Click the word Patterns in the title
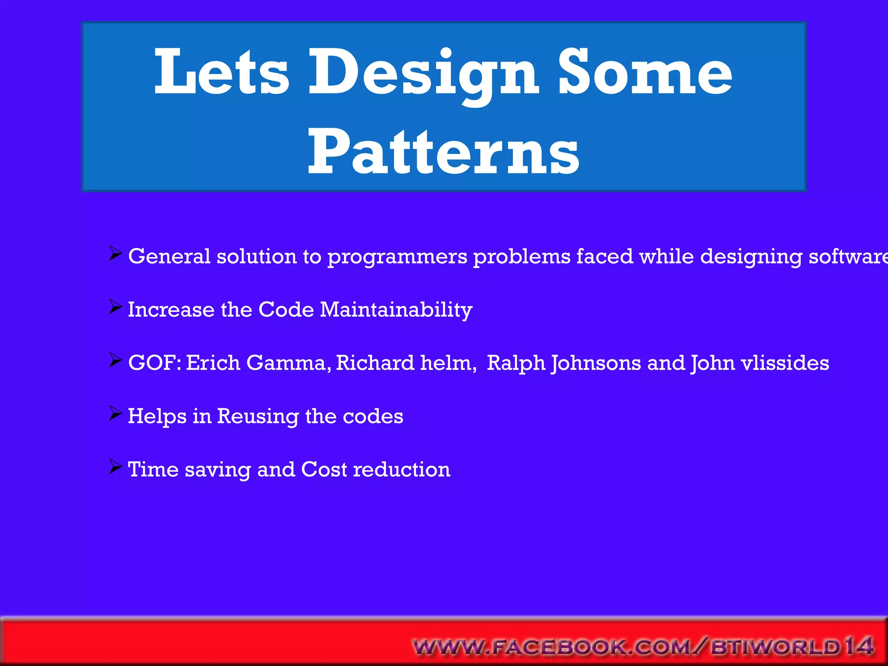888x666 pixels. pyautogui.click(x=443, y=152)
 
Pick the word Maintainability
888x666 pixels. pyautogui.click(x=396, y=310)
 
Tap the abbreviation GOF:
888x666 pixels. pyautogui.click(x=154, y=363)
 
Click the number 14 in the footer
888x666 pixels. pyautogui.click(x=859, y=646)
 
